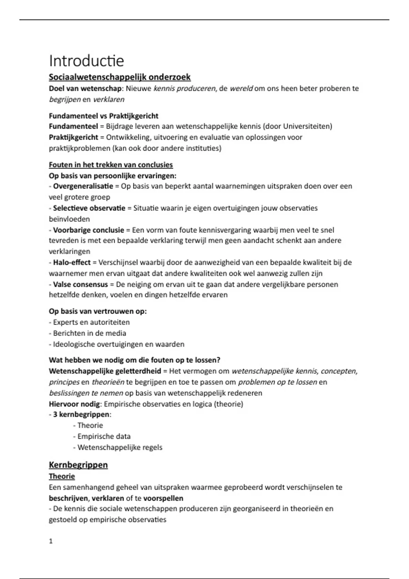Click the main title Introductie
pyautogui.click(x=86, y=61)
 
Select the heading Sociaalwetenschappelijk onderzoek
pyautogui.click(x=120, y=77)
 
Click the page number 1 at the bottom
pyautogui.click(x=51, y=541)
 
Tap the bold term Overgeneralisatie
pyautogui.click(x=83, y=186)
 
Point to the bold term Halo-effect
pyautogui.click(x=72, y=263)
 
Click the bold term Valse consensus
pyautogui.click(x=80, y=284)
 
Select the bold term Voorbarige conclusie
pyautogui.click(x=89, y=230)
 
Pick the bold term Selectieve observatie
pyautogui.click(x=89, y=208)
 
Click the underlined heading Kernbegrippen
pyautogui.click(x=78, y=465)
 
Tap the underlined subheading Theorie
pyautogui.click(x=62, y=476)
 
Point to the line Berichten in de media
pyautogui.click(x=89, y=333)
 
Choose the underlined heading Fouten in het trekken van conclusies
pyautogui.click(x=111, y=165)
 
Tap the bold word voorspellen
pyautogui.click(x=163, y=498)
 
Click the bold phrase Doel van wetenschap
pyautogui.click(x=85, y=89)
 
